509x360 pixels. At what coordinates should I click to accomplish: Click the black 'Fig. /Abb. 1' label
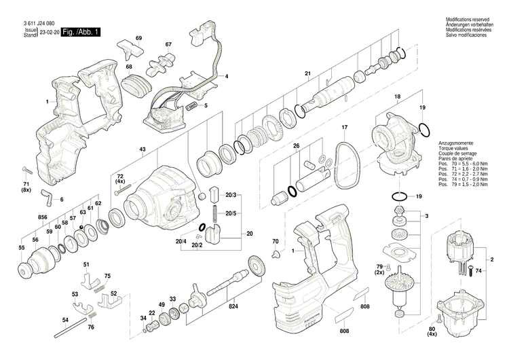81,33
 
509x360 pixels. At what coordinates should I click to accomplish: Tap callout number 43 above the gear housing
143,149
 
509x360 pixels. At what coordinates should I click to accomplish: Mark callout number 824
233,306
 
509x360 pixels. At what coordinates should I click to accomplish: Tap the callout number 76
109,328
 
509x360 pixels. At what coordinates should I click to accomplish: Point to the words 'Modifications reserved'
467,20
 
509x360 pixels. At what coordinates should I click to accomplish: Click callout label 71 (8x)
25,187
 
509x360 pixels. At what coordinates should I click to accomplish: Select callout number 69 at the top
138,37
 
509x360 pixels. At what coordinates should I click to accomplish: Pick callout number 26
296,146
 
